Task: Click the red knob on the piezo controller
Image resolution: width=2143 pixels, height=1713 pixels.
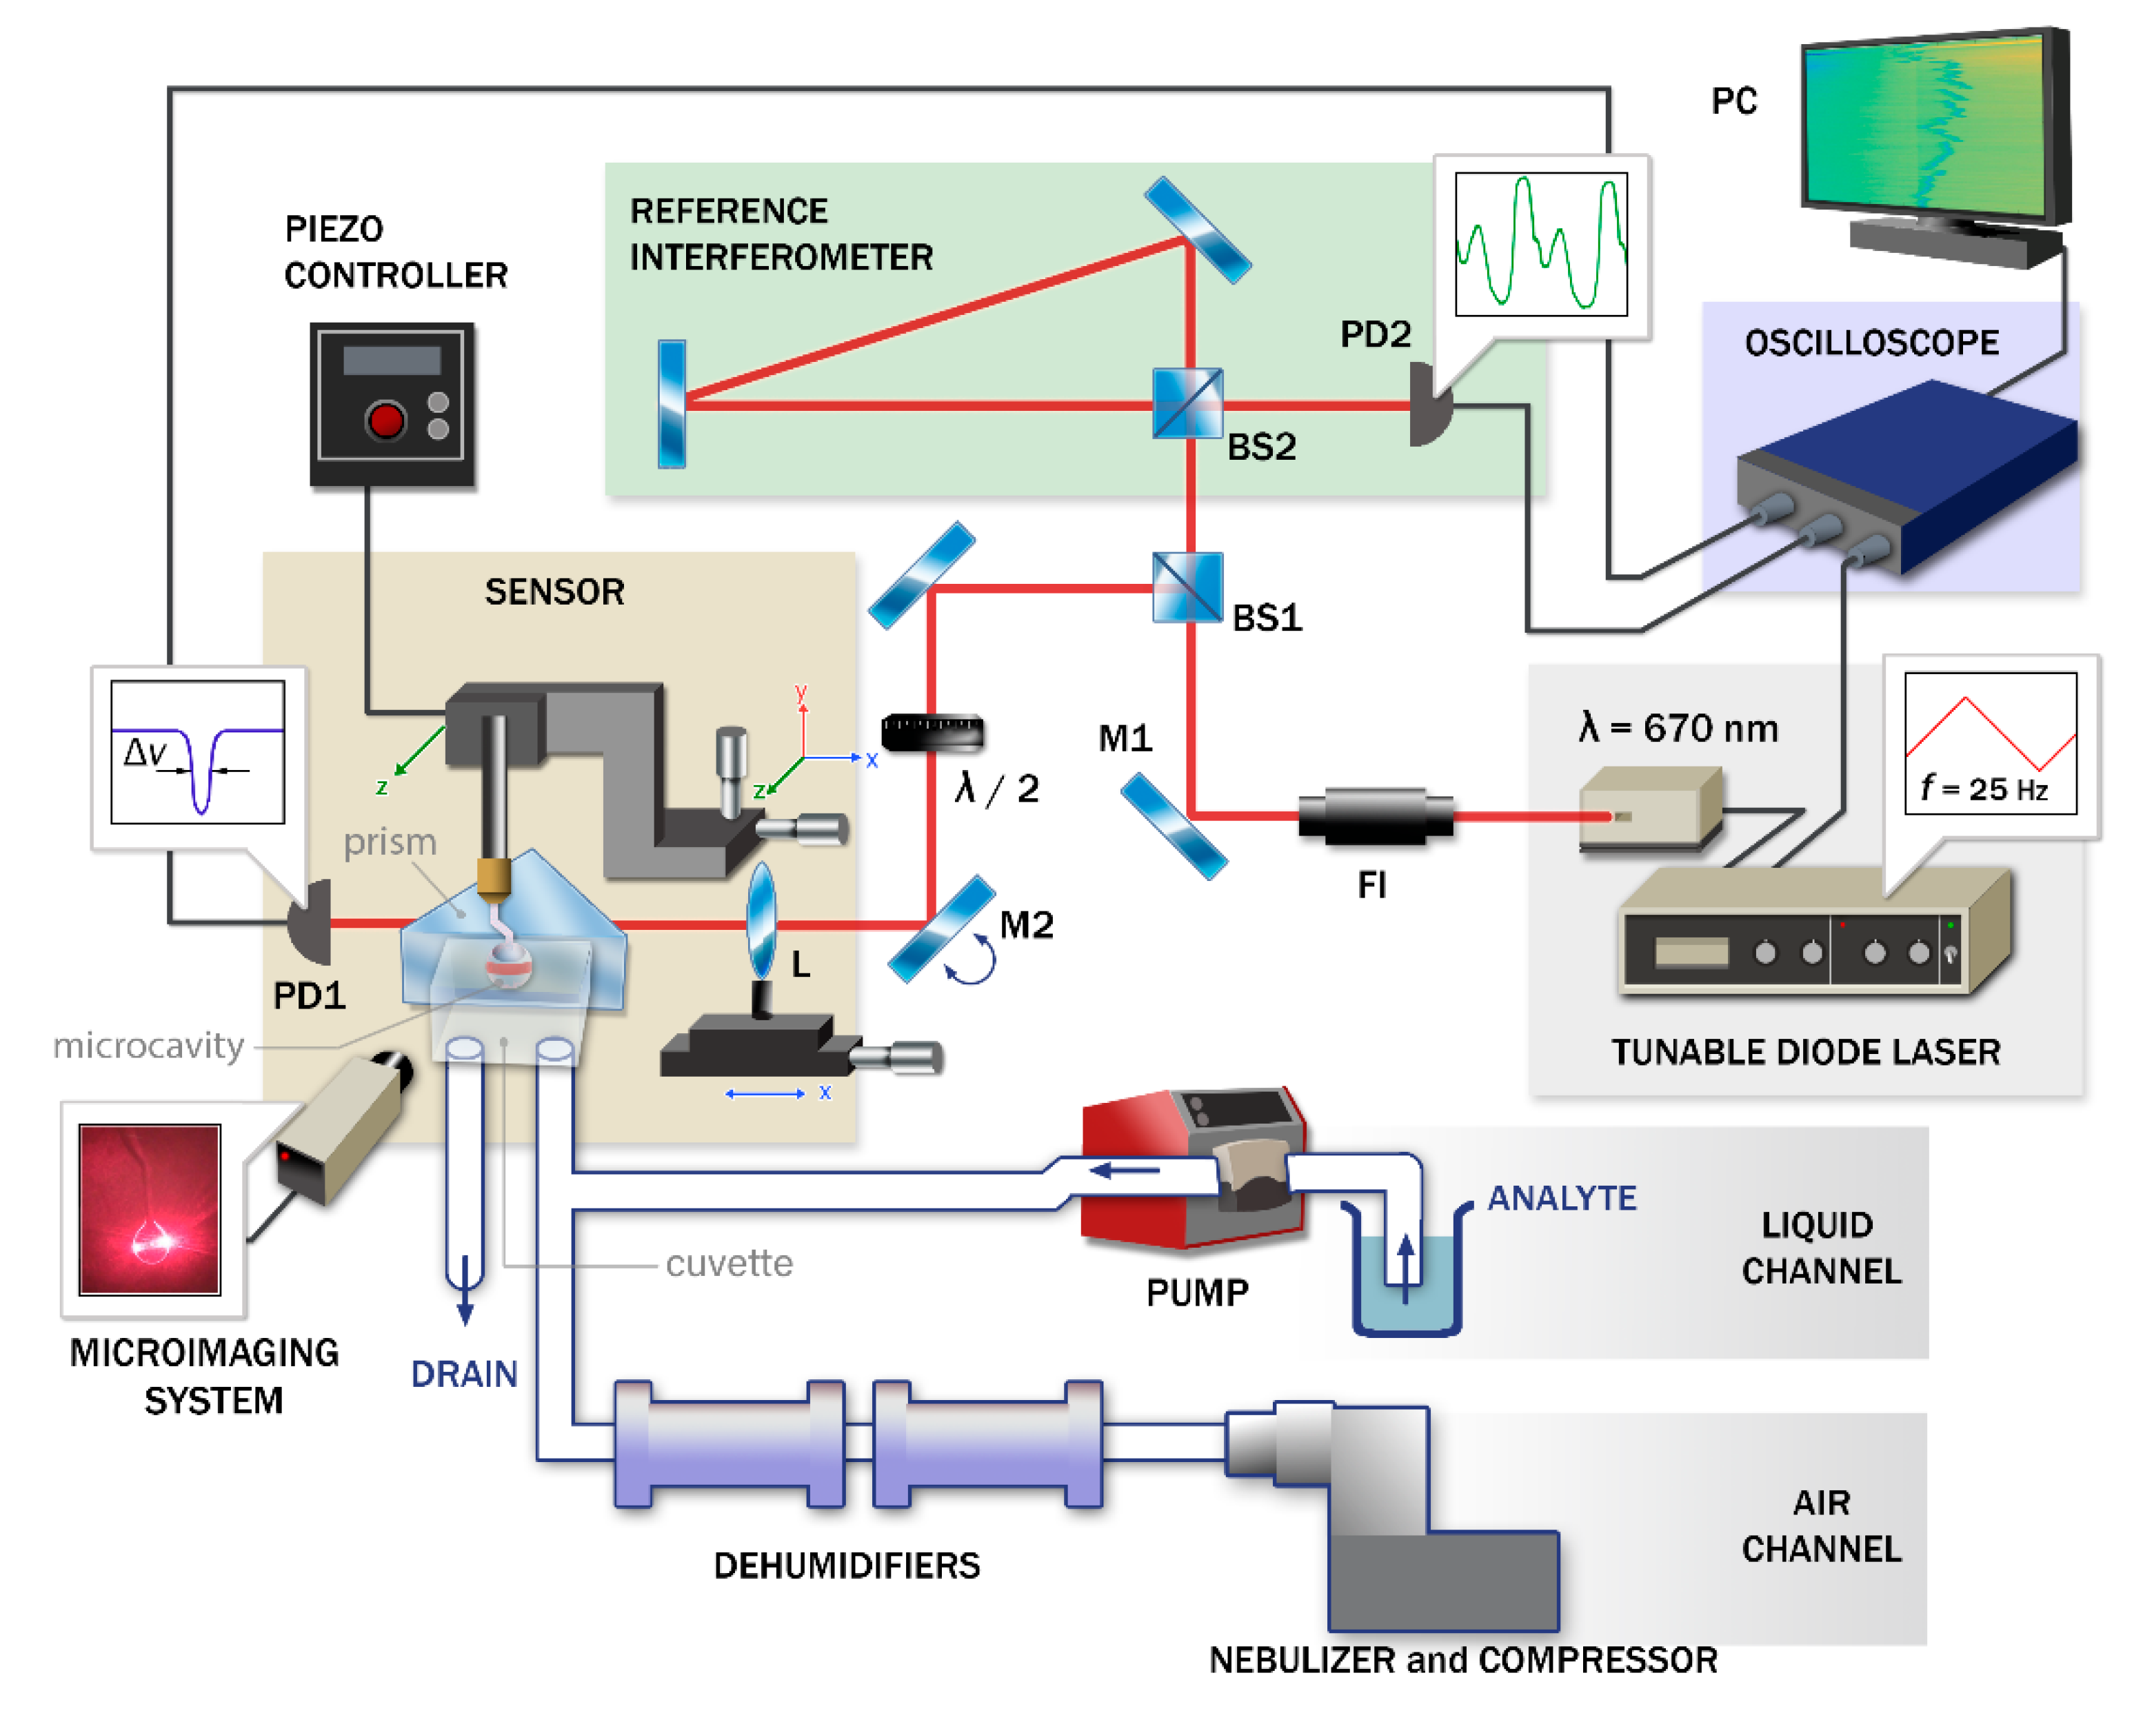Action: (385, 420)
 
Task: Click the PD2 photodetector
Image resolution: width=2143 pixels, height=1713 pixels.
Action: (1429, 405)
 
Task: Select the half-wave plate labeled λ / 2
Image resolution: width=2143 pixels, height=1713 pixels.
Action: (932, 733)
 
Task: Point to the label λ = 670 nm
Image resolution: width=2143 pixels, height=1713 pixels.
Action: (1678, 729)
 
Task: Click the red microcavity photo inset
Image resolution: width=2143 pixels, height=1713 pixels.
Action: (149, 1209)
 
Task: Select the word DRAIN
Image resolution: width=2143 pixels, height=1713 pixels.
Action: (464, 1374)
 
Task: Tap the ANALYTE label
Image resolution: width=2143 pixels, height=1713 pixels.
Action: (1562, 1198)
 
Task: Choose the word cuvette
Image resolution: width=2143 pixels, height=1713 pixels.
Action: (729, 1264)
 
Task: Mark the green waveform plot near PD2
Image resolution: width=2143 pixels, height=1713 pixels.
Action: (1540, 243)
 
